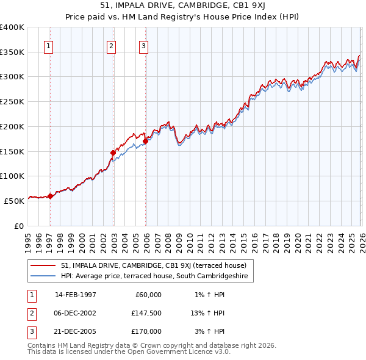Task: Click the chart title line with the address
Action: pyautogui.click(x=183, y=5)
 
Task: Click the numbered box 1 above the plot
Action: pyautogui.click(x=48, y=45)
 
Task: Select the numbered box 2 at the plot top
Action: pyautogui.click(x=112, y=45)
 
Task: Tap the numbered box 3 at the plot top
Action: pyautogui.click(x=143, y=45)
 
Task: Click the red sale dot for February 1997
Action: pyautogui.click(x=50, y=196)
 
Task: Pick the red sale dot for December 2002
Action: pyautogui.click(x=113, y=153)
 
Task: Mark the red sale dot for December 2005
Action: pyautogui.click(x=146, y=142)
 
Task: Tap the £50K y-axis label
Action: pyautogui.click(x=14, y=201)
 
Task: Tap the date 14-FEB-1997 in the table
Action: pyautogui.click(x=76, y=295)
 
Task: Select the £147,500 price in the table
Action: pyautogui.click(x=146, y=313)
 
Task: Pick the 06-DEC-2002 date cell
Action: pyautogui.click(x=76, y=313)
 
